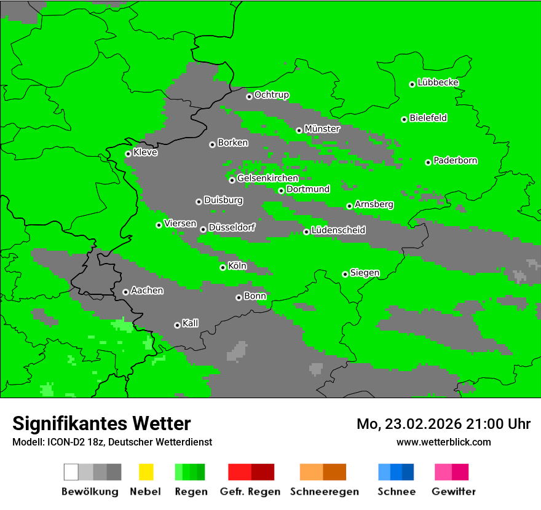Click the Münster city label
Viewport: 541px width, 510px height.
tap(322, 129)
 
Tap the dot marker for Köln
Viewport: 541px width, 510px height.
tap(223, 267)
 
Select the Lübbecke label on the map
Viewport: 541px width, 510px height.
tap(438, 82)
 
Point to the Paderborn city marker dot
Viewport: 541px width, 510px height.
tap(428, 162)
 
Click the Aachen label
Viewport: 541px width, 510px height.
tap(147, 291)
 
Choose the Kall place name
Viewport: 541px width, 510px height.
tap(190, 323)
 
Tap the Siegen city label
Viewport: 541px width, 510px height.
tap(365, 273)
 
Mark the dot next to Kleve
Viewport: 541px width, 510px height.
tap(128, 154)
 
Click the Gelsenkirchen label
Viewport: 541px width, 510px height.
tap(267, 178)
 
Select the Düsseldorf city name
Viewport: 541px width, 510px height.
tap(232, 227)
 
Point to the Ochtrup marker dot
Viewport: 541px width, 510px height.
tap(249, 96)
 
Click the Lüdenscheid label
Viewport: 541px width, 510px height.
tap(338, 230)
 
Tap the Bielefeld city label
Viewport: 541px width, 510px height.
tap(428, 118)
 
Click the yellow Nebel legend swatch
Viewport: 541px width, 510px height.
tap(146, 472)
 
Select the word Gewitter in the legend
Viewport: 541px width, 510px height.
tap(454, 492)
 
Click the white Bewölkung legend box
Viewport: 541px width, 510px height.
tap(71, 472)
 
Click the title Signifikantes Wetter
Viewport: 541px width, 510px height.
tap(101, 423)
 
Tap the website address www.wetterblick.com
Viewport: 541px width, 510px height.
tap(444, 442)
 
